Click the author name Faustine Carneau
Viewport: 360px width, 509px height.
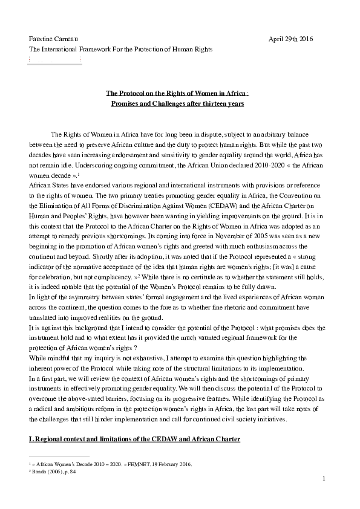[54, 39]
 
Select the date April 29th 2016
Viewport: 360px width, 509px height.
[291, 39]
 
